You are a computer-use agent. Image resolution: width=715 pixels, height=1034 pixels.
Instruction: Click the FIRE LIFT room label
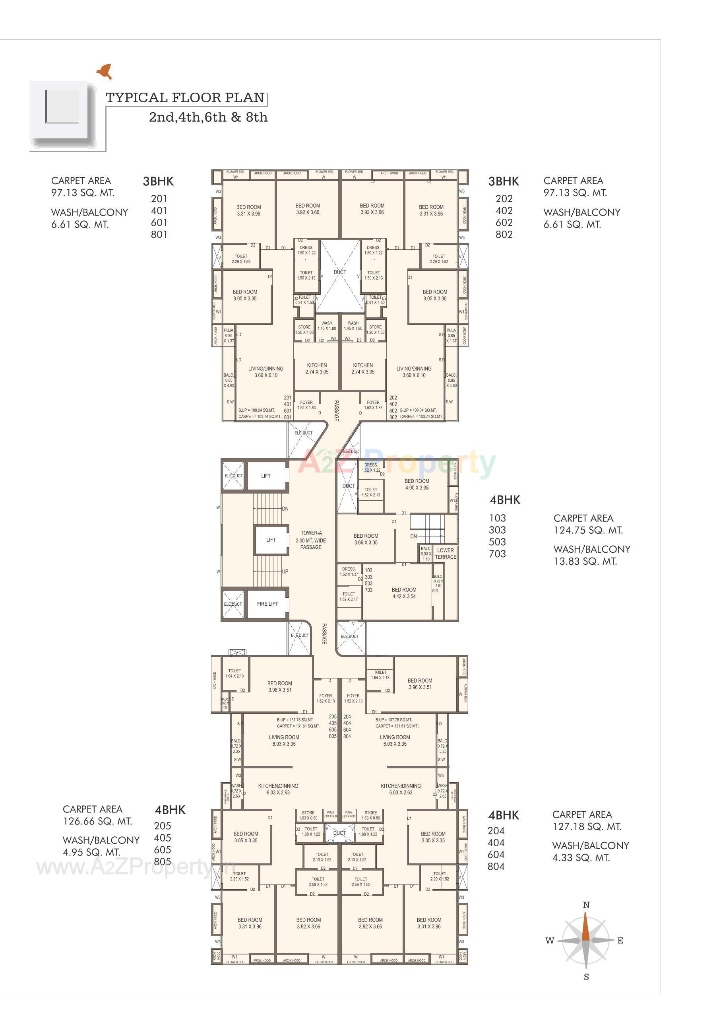267,604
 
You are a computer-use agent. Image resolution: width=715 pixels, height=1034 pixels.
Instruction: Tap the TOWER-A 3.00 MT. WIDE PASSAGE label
311,540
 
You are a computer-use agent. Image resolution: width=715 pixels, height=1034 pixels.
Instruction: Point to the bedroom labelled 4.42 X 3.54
404,593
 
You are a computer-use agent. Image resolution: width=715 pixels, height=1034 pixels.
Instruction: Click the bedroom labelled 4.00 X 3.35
417,484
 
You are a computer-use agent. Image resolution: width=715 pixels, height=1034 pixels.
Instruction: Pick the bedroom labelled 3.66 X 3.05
366,539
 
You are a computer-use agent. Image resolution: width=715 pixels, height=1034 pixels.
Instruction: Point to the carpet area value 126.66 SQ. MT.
97,821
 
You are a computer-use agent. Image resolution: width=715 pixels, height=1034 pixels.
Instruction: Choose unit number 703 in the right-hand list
497,554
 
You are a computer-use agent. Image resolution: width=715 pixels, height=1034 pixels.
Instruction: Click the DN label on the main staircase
285,509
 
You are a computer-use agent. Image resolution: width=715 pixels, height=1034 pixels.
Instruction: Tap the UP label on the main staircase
285,571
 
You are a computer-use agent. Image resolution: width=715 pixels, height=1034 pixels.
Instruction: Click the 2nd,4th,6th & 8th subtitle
208,117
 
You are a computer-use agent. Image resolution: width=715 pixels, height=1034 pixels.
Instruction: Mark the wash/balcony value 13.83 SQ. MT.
585,561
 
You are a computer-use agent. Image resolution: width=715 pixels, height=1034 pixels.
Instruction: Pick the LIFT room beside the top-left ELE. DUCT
265,476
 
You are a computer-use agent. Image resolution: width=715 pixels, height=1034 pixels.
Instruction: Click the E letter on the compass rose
620,941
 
